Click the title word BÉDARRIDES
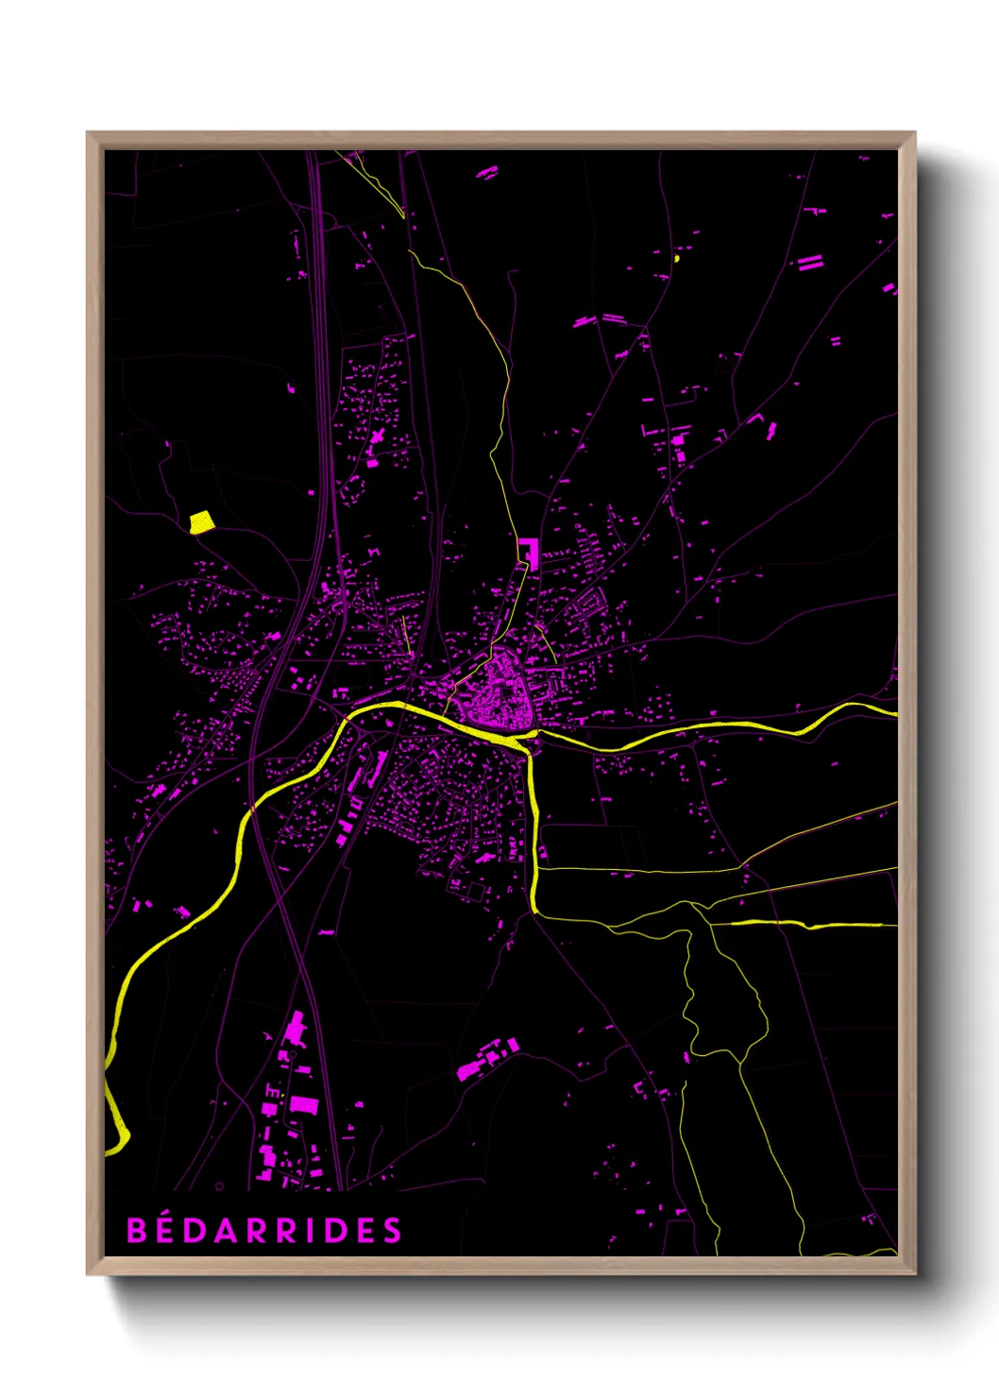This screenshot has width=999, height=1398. coord(264,1230)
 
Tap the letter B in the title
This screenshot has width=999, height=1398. coord(137,1230)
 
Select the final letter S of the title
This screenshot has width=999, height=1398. coord(393,1230)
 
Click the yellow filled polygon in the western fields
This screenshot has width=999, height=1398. coord(201,522)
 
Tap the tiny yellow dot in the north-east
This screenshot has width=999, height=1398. coord(677,257)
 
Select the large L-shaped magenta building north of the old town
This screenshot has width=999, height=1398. coord(530,552)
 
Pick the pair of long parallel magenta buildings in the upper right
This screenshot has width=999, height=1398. coord(810,262)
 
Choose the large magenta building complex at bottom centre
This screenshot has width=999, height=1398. coord(486,1060)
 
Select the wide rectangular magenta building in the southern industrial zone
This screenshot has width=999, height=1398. coord(303,1103)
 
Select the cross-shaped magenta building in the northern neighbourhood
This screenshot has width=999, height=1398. coord(376,438)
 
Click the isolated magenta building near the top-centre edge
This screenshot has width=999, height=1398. coord(487,173)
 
